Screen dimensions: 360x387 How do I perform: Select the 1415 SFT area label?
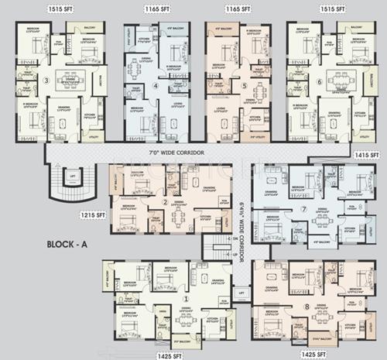[364, 155]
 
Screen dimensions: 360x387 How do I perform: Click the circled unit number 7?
[303, 208]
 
